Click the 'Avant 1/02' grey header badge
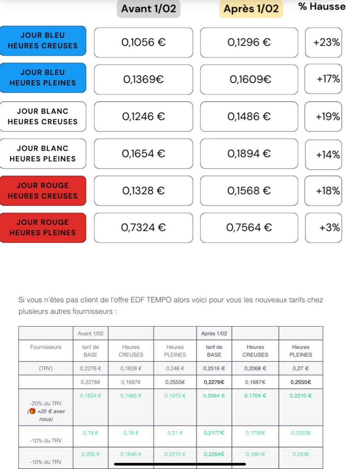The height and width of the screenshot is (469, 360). pos(149,9)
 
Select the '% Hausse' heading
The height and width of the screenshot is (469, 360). pos(322,7)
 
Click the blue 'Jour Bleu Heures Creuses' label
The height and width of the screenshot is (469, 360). pos(43,41)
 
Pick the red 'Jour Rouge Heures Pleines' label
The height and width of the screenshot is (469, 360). pos(43,227)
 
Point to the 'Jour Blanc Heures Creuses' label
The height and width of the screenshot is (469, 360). pos(43,116)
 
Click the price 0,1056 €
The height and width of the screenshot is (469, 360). pos(143,42)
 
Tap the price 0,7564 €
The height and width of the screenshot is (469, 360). pos(249,227)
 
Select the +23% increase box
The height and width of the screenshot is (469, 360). pos(324,42)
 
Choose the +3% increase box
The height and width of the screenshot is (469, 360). pos(324,227)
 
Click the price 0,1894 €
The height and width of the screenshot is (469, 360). pos(249,154)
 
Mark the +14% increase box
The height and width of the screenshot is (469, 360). pos(324,155)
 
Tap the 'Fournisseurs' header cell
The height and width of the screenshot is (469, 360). pos(46,347)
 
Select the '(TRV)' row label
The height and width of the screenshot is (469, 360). pos(46,368)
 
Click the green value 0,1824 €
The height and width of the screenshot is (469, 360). pos(90,396)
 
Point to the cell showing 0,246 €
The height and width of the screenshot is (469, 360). pos(175,368)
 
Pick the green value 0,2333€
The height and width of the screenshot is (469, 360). pos(301,433)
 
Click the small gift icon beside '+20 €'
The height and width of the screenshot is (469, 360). pos(32,411)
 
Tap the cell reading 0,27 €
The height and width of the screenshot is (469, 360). pos(301,368)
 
